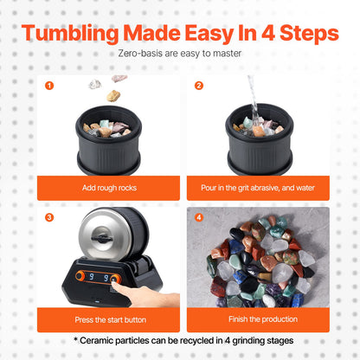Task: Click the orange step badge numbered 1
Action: pyautogui.click(x=49, y=86)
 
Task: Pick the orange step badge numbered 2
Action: pyautogui.click(x=199, y=86)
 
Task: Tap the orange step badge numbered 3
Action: pyautogui.click(x=49, y=218)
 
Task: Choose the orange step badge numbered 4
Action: pyautogui.click(x=199, y=218)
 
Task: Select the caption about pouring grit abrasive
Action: pyautogui.click(x=256, y=188)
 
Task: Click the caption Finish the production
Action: pyautogui.click(x=256, y=319)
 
